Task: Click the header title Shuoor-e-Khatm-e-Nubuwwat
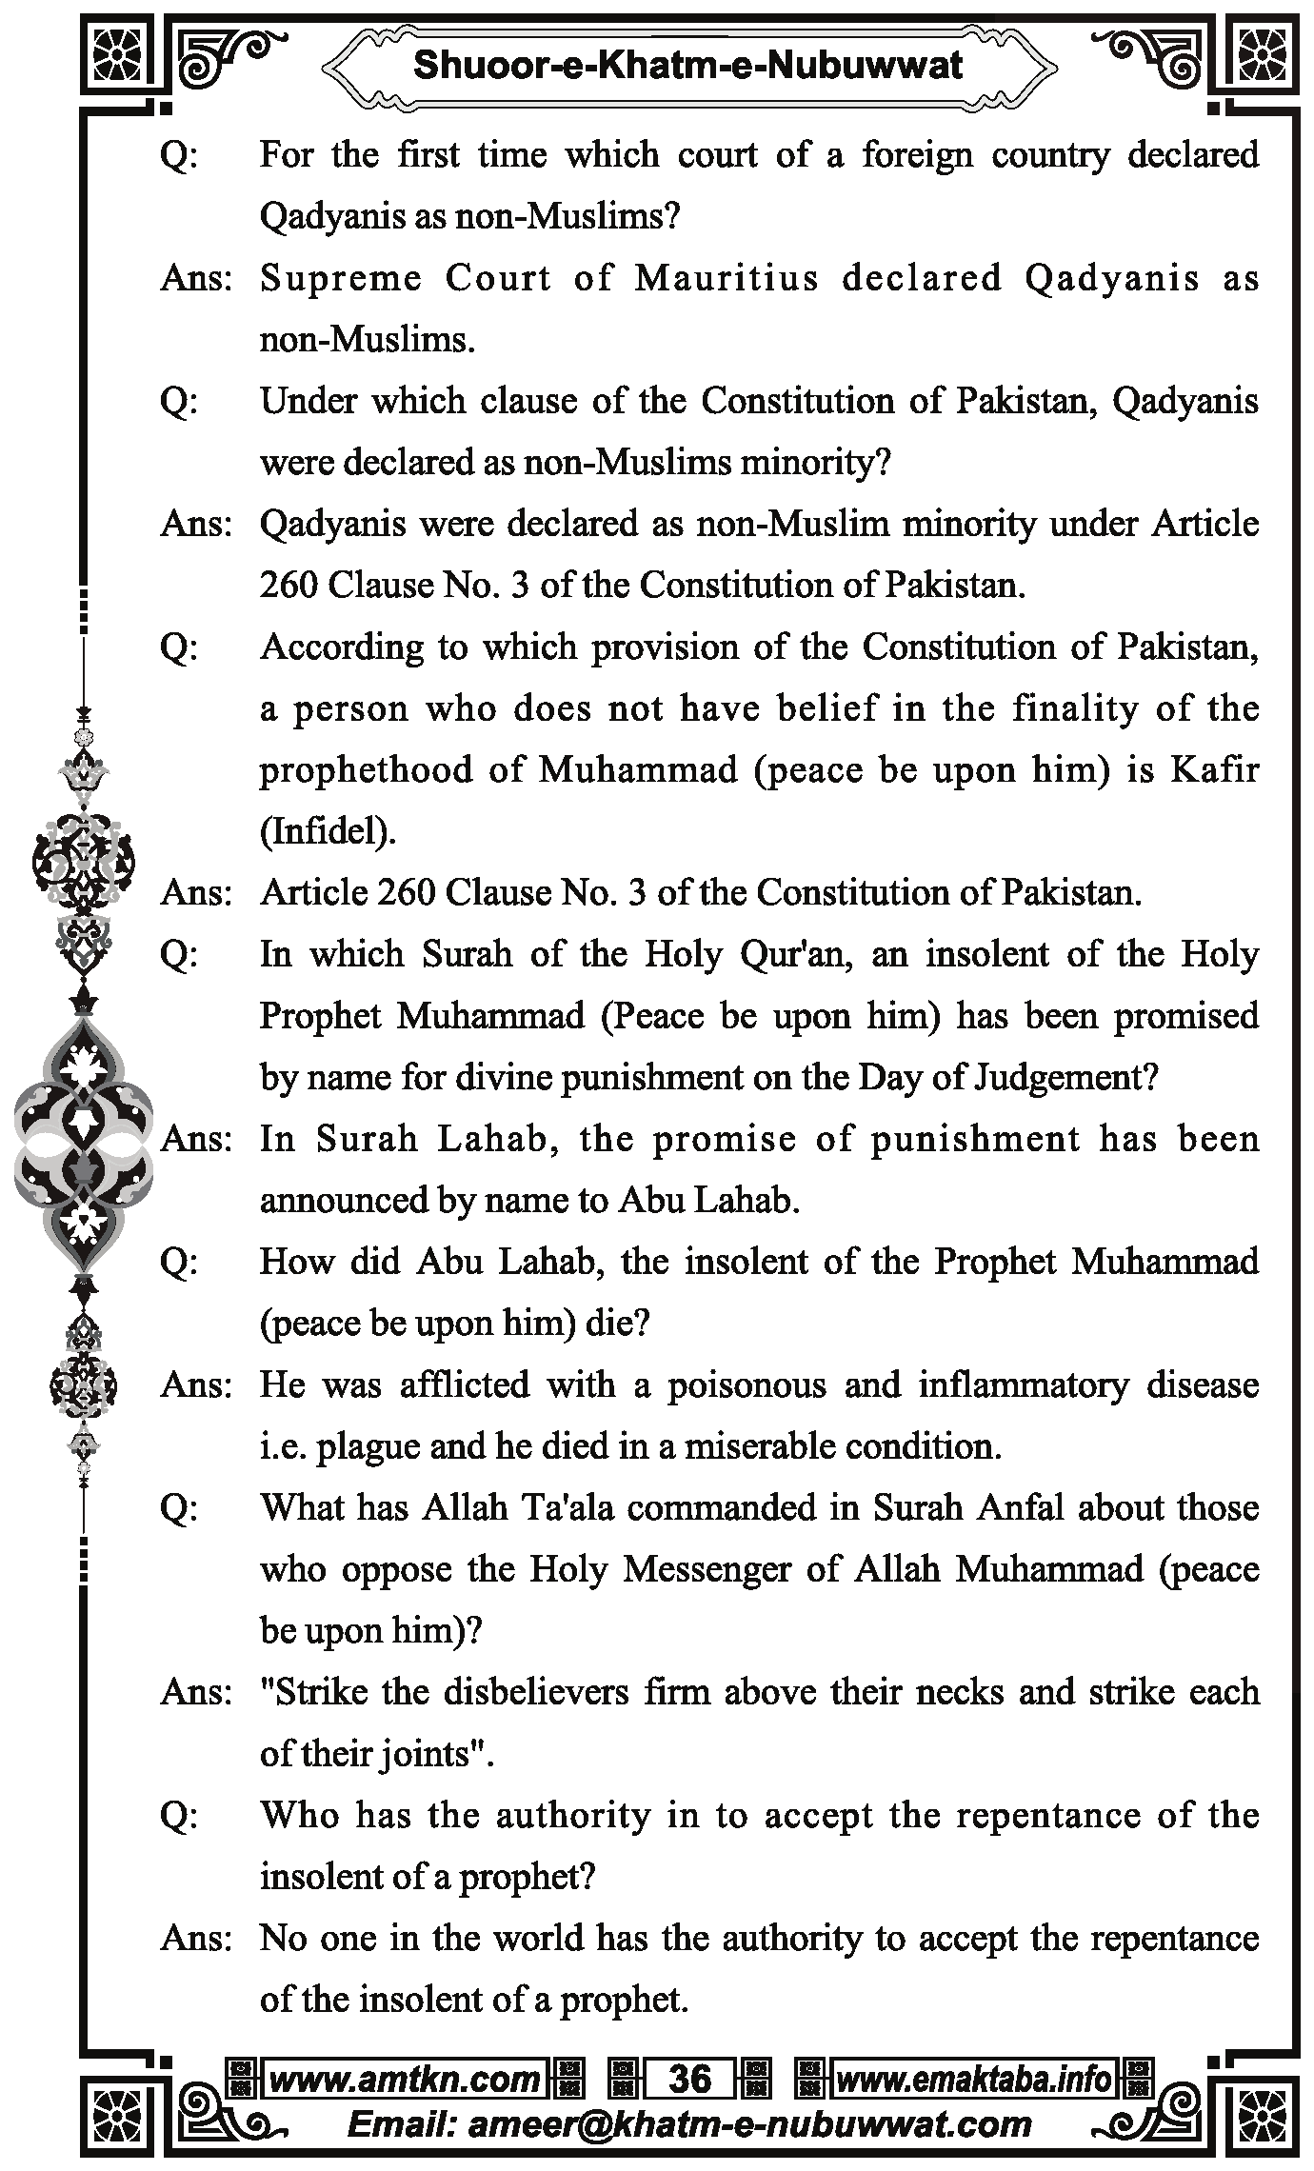(688, 65)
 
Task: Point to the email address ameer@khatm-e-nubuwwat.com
(689, 2124)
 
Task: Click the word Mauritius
(727, 278)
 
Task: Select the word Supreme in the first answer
(340, 278)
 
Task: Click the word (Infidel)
(328, 831)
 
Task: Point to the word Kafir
(1214, 769)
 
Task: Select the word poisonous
(746, 1384)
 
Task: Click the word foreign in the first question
(917, 154)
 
